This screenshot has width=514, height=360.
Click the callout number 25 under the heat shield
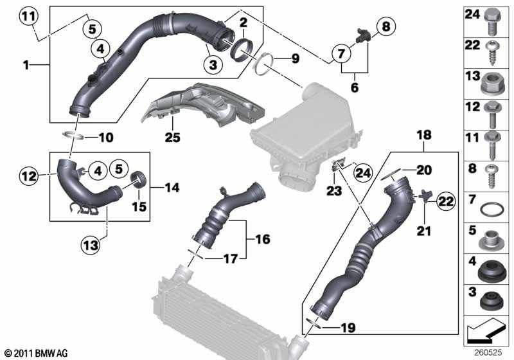172,137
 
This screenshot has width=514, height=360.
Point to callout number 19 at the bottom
348,328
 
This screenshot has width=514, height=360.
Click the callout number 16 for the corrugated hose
263,239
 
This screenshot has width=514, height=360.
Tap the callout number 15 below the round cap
138,206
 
